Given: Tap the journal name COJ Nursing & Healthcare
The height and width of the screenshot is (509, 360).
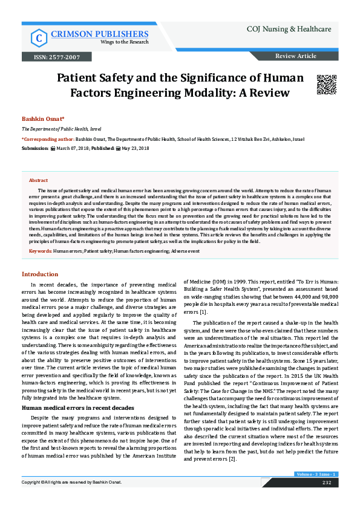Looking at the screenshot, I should coord(290,29).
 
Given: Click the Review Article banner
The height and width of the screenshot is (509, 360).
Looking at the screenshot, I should coord(295,56).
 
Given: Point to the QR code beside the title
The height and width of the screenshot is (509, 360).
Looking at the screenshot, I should coord(326,84).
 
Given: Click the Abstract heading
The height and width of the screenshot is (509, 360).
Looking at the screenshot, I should coord(38,180).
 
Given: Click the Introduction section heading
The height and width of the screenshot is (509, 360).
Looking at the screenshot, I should coord(40,274).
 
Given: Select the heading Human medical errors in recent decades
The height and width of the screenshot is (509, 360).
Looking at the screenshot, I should coord(78,392).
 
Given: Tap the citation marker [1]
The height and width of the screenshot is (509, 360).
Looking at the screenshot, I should coord(203,313).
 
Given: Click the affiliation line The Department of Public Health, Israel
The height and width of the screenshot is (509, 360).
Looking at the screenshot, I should coord(62,129).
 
